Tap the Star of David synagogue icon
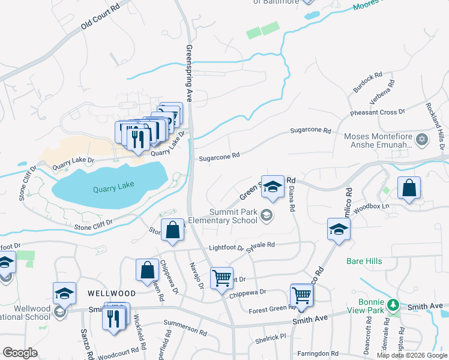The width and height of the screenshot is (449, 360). pos(422,140)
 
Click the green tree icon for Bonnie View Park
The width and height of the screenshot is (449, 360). pos(393,305)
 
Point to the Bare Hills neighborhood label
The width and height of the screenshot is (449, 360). pos(365,261)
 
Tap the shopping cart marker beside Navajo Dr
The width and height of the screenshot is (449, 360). pos(221,278)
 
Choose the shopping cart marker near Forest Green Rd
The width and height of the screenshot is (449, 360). pos(301,295)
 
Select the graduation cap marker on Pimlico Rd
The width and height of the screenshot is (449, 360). pos(339,229)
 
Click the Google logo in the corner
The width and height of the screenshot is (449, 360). pos(20,353)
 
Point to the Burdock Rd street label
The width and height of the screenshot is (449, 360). pos(367,83)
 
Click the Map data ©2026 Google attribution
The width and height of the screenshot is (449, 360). pos(412,355)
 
